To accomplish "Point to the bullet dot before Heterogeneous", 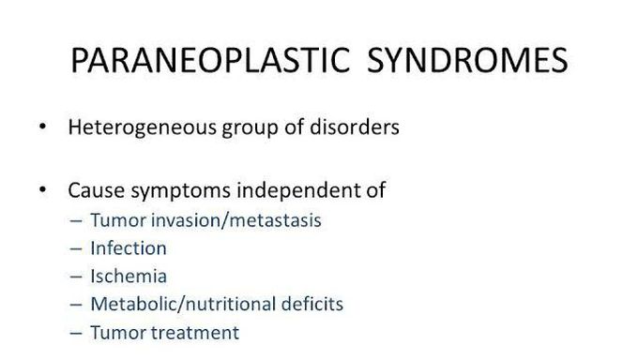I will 41,127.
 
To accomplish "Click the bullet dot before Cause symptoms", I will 41,190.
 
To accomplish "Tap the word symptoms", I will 179,191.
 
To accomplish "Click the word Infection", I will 129,248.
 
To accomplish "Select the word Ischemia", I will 129,277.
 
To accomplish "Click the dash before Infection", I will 76,249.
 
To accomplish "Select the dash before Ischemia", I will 76,277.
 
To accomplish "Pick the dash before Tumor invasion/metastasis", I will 76,221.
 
